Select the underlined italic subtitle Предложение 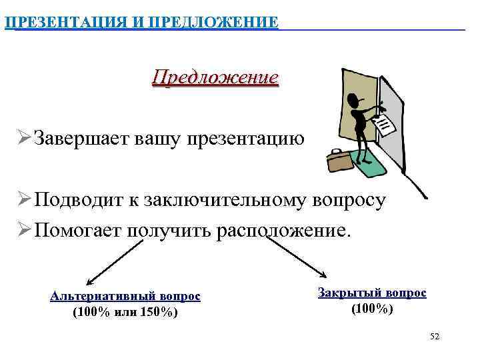(x=215, y=77)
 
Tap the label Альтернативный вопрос (x=125, y=296)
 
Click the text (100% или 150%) (x=125, y=311)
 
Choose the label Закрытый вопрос (x=372, y=293)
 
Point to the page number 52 (x=435, y=337)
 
